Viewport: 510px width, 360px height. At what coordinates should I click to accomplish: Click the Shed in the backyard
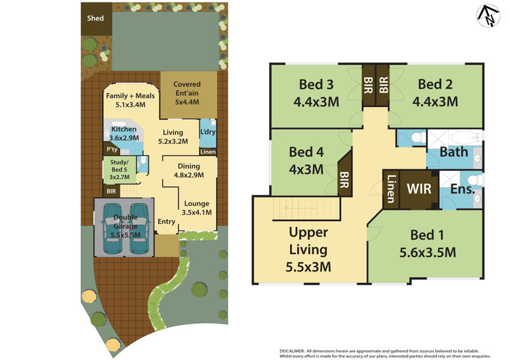pyautogui.click(x=97, y=19)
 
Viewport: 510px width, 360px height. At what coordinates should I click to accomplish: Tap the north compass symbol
pyautogui.click(x=488, y=16)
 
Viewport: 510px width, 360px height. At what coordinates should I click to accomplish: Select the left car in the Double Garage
pyautogui.click(x=112, y=228)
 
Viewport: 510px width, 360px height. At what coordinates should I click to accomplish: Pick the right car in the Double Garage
pyautogui.click(x=139, y=228)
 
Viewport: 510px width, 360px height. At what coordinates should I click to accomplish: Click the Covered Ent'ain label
pyautogui.click(x=187, y=93)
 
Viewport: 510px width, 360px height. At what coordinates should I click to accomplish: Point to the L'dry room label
pyautogui.click(x=208, y=132)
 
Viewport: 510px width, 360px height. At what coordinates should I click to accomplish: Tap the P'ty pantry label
pyautogui.click(x=112, y=149)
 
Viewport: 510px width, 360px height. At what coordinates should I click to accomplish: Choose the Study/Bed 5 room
pyautogui.click(x=119, y=169)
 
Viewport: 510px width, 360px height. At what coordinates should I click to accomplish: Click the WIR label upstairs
pyautogui.click(x=419, y=189)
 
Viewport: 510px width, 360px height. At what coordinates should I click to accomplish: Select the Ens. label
pyautogui.click(x=463, y=189)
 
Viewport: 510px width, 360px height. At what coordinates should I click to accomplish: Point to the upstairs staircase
pyautogui.click(x=306, y=208)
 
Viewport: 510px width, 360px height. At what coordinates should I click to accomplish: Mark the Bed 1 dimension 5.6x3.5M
pyautogui.click(x=427, y=252)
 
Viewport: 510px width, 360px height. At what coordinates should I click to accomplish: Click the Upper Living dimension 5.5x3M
pyautogui.click(x=309, y=267)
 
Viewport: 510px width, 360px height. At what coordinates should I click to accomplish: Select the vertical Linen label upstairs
pyautogui.click(x=391, y=189)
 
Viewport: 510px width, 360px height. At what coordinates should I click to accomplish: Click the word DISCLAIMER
pyautogui.click(x=292, y=351)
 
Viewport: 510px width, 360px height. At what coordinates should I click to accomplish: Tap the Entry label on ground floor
pyautogui.click(x=166, y=222)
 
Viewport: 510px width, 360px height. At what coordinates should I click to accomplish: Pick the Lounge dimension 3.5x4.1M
pyautogui.click(x=196, y=212)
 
